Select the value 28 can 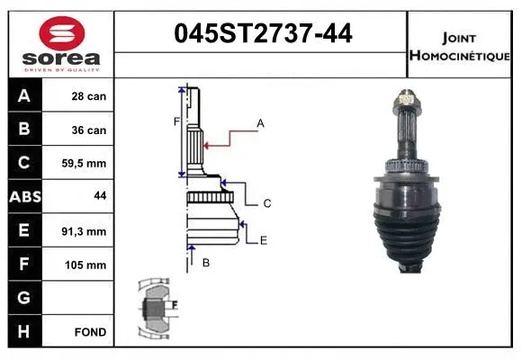pyautogui.click(x=89, y=96)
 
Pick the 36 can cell pyautogui.click(x=89, y=130)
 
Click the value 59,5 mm pyautogui.click(x=89, y=164)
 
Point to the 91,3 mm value pyautogui.click(x=89, y=231)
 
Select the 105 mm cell pyautogui.click(x=89, y=265)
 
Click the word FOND pyautogui.click(x=89, y=332)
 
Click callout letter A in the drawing pyautogui.click(x=260, y=122)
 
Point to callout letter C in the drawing pyautogui.click(x=267, y=203)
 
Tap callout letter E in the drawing pyautogui.click(x=263, y=239)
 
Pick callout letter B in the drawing pyautogui.click(x=206, y=263)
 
